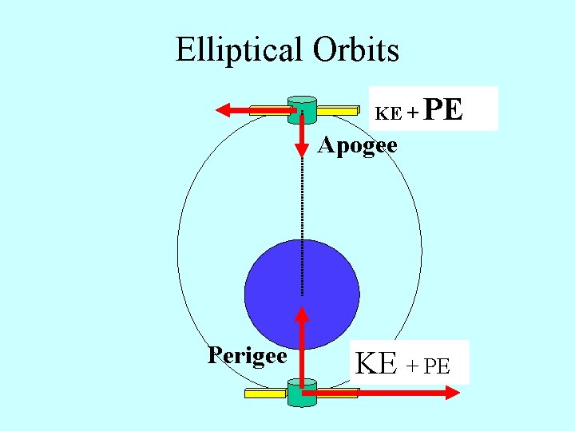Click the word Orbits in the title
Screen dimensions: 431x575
coord(356,50)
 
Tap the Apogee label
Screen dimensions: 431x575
coord(357,146)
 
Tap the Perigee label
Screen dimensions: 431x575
coord(247,354)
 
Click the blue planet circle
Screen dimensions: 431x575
coord(302,294)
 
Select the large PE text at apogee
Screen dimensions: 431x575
coord(443,109)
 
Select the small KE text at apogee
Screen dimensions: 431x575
coord(389,113)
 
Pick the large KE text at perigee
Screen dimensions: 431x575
coord(376,363)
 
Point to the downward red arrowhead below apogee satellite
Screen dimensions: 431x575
coord(302,148)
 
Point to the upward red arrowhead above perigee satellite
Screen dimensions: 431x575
coord(302,312)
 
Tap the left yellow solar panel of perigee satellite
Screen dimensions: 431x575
coord(266,393)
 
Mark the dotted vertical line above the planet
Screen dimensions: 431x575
coord(302,200)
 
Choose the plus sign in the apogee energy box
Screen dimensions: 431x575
coord(412,113)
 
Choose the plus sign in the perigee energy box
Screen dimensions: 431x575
coord(412,366)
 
